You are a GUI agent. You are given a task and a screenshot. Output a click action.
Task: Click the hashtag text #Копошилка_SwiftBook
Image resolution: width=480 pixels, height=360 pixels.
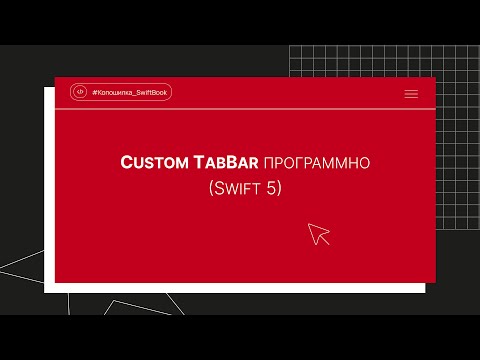(130, 93)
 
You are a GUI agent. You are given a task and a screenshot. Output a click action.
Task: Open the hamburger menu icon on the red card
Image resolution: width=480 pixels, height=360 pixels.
(411, 93)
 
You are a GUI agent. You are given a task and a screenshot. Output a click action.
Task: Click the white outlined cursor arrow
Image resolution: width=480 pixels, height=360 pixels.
(318, 234)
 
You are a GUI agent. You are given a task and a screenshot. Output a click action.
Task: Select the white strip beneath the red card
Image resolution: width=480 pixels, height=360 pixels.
(240, 288)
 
